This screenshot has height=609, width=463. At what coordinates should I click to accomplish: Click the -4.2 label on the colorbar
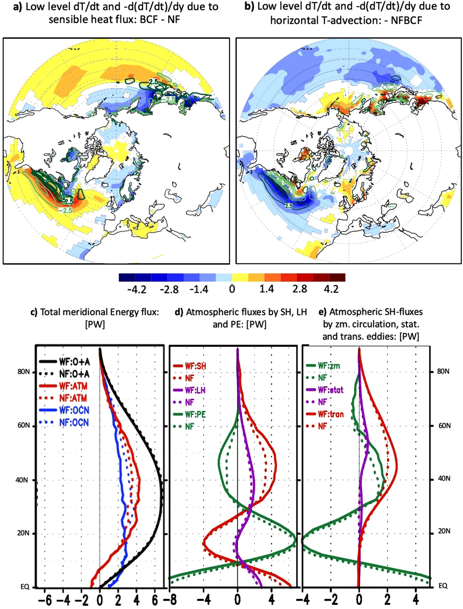click(137, 289)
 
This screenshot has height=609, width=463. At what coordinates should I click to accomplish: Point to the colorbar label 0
click(232, 289)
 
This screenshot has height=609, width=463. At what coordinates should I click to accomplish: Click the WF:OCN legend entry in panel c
click(74, 410)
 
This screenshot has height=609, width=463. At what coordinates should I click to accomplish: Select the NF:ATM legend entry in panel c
click(73, 398)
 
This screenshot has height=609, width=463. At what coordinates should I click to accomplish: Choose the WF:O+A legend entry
click(74, 362)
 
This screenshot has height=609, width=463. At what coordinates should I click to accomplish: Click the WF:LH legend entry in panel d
click(195, 390)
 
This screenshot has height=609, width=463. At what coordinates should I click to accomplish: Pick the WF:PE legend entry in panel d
click(195, 414)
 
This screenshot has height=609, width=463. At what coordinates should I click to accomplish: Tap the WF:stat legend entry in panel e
click(330, 390)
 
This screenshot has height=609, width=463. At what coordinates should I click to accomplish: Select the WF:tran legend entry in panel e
click(330, 414)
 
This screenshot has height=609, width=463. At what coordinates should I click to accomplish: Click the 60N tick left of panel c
click(24, 426)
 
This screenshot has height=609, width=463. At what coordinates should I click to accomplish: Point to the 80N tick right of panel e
click(443, 371)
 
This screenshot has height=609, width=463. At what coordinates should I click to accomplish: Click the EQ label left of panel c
click(25, 587)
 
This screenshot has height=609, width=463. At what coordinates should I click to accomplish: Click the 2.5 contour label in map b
click(288, 206)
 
